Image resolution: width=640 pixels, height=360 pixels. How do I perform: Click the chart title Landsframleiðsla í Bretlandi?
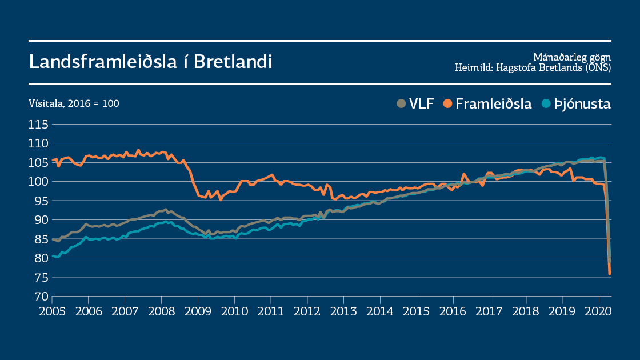point(150,62)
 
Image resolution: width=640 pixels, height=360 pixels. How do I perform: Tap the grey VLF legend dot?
point(401,103)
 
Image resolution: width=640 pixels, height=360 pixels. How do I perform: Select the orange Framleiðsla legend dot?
point(447,103)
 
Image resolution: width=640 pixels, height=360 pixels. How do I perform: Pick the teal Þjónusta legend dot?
point(546,103)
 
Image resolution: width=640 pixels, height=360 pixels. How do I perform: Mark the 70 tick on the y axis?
point(39,297)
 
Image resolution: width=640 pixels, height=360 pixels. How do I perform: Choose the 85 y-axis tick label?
point(39,239)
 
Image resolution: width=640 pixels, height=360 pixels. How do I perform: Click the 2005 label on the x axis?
point(52,312)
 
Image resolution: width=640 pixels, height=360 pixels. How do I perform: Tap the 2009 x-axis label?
point(198,312)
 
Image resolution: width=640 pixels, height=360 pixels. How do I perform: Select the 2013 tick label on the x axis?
point(344,312)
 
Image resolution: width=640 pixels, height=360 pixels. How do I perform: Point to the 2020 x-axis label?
point(599,312)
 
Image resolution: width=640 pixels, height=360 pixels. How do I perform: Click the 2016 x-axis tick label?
point(453,312)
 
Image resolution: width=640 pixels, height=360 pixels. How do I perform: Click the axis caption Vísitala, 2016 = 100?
point(74,104)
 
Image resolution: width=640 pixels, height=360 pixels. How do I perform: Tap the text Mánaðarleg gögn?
point(572,57)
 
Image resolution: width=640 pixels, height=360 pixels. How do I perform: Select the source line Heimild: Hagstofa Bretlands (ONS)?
point(533,67)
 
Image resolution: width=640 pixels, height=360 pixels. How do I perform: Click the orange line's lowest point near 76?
point(610,274)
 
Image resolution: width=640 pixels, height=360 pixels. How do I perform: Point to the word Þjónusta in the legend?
point(582,104)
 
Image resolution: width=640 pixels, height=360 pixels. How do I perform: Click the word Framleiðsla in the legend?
point(494,104)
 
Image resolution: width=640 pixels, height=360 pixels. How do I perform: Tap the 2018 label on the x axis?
point(526,312)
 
